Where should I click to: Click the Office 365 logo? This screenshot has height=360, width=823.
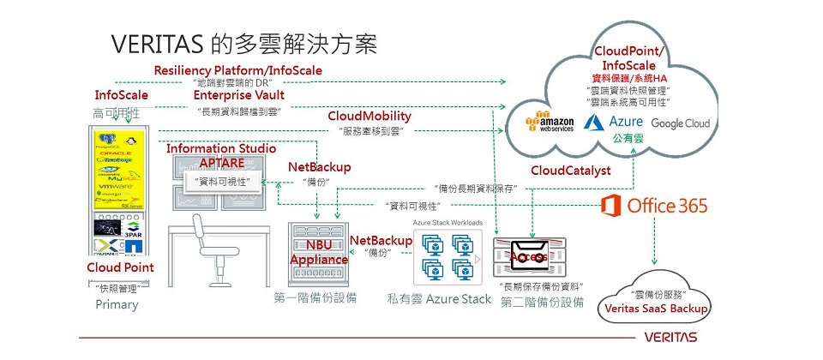pos(654,206)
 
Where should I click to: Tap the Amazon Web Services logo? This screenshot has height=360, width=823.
pos(553,122)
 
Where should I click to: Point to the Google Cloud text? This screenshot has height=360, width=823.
pos(680,123)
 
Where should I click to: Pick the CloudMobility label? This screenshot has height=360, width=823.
pos(369,116)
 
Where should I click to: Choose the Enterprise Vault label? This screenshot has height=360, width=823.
pos(238,95)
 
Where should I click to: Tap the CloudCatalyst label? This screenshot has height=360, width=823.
pos(570,171)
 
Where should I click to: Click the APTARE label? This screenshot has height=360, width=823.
pos(223,163)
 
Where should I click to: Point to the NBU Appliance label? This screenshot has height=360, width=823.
pos(319,252)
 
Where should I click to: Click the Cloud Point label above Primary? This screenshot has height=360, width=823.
pos(120,267)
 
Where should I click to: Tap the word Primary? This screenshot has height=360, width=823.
pos(117,304)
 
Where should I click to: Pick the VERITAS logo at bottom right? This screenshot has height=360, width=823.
pos(666,337)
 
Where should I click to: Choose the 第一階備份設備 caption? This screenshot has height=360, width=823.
pos(315,298)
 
